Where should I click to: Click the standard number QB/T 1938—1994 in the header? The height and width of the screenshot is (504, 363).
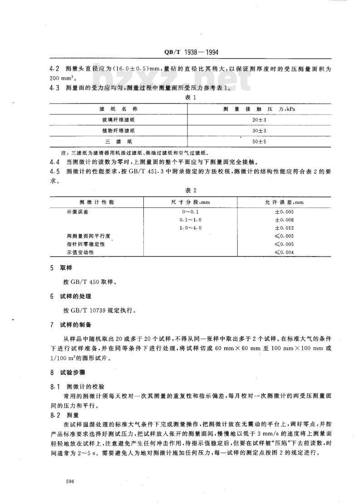tap(191, 52)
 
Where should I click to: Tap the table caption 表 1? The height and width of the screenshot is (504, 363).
tap(191, 98)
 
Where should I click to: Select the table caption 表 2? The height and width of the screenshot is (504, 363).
tap(191, 191)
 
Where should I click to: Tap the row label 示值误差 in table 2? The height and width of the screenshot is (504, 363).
tap(76, 212)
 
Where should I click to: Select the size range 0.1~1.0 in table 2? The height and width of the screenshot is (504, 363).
tap(191, 219)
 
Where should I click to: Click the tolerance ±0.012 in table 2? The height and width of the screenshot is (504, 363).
tap(285, 227)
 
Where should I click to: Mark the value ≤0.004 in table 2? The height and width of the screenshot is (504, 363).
tap(285, 252)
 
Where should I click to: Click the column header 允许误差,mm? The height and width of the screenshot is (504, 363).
tap(285, 201)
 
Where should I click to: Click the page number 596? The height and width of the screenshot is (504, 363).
tap(69, 480)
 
